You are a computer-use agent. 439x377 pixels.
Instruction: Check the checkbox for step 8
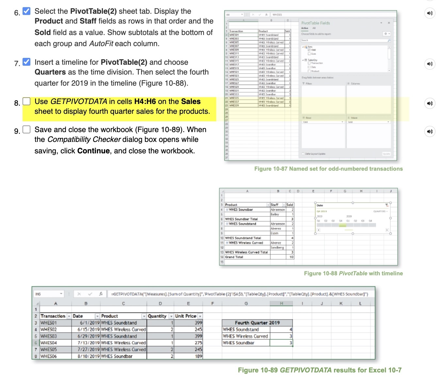(x=26, y=101)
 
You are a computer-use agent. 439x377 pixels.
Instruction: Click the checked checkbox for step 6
(x=26, y=11)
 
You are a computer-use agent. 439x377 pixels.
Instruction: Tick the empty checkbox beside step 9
(x=26, y=129)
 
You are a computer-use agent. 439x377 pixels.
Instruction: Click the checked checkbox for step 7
(x=26, y=62)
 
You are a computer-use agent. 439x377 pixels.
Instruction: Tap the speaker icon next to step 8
(x=430, y=103)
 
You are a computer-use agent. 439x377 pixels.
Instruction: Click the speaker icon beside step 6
(x=430, y=13)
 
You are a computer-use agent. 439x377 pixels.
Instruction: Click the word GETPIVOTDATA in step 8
(x=78, y=102)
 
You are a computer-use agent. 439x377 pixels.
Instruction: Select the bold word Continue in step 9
(x=93, y=151)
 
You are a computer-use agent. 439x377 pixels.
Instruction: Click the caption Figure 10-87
(x=328, y=169)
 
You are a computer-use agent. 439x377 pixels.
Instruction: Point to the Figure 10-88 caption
(x=353, y=274)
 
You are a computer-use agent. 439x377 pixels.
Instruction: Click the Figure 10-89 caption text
(x=319, y=370)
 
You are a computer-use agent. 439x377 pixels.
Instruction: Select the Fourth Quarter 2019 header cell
(x=257, y=323)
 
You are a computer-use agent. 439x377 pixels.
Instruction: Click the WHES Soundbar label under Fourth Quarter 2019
(x=238, y=343)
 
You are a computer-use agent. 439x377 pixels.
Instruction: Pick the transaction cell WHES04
(x=49, y=343)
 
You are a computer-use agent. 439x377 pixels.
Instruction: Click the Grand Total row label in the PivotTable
(x=234, y=257)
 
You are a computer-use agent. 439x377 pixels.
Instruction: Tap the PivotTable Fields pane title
(x=315, y=23)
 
